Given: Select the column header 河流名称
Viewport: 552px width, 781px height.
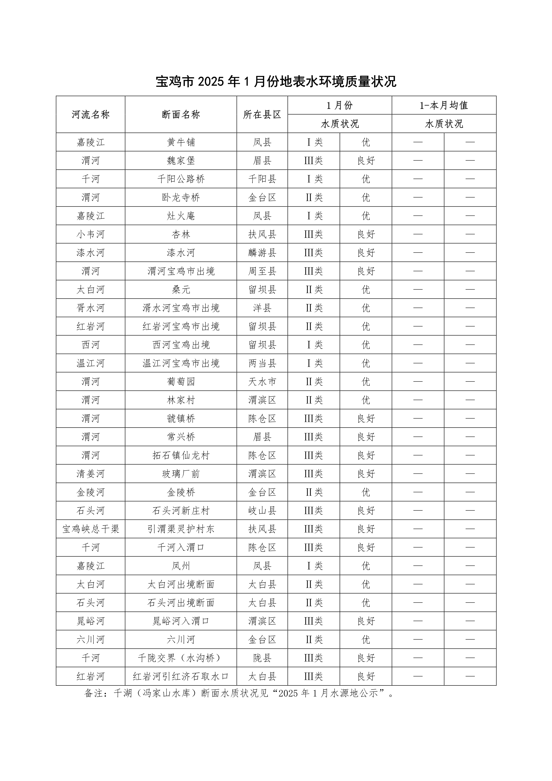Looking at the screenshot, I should pyautogui.click(x=90, y=115).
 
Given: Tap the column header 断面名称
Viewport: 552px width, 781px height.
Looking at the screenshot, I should pyautogui.click(x=181, y=115).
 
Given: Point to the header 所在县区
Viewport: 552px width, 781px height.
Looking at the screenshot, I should pyautogui.click(x=262, y=115).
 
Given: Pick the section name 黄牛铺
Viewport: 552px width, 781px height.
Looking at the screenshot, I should pyautogui.click(x=181, y=142).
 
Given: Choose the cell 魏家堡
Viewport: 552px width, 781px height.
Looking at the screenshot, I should pyautogui.click(x=181, y=161).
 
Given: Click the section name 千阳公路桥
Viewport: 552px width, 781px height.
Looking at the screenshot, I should pyautogui.click(x=181, y=179).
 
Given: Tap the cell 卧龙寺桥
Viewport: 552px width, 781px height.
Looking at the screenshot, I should pyautogui.click(x=181, y=197).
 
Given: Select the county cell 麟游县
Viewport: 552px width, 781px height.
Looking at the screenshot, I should pyautogui.click(x=262, y=253).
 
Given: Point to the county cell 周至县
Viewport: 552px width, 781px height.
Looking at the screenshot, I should pyautogui.click(x=262, y=271).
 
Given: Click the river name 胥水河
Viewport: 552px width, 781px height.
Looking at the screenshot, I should pyautogui.click(x=90, y=308).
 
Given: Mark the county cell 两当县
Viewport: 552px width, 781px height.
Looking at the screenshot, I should pyautogui.click(x=262, y=363).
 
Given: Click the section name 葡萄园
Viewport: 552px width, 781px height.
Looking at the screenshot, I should pyautogui.click(x=181, y=382).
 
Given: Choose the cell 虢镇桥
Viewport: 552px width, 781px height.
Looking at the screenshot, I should pyautogui.click(x=181, y=418).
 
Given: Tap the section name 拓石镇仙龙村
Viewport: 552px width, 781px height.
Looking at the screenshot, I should pyautogui.click(x=181, y=455).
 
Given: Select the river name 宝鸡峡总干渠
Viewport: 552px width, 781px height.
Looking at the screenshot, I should pyautogui.click(x=90, y=529).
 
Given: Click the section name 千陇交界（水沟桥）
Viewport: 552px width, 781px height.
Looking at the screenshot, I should pyautogui.click(x=181, y=658).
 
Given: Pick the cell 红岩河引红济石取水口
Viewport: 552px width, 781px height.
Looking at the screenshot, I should pyautogui.click(x=181, y=677).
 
